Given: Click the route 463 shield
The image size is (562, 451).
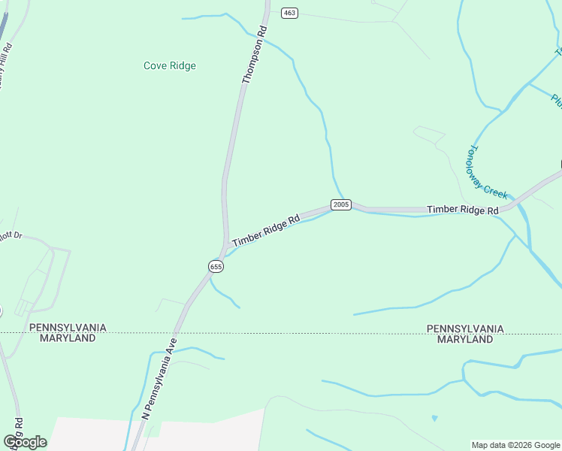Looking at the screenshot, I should coord(289,13).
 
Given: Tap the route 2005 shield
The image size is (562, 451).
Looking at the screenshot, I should coord(340,204).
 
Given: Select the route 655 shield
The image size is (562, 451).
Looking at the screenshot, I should coord(216,267).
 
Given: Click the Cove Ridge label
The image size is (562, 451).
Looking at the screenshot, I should coord(170,65).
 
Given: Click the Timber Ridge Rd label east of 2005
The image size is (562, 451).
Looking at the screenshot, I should coord(463,210).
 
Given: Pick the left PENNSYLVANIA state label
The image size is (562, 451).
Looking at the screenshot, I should coord(68,328).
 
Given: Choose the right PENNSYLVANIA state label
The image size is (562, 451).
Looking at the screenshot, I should coord(465,328).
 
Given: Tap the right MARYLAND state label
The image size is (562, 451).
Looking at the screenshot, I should coord(465,339).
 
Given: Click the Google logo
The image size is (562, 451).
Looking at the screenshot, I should coord(25,442).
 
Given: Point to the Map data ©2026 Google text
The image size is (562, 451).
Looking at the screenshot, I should coord(516,445).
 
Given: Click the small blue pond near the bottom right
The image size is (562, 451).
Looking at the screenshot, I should coord(434,418).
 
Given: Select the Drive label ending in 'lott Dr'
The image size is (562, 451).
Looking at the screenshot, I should coord(11,236).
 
